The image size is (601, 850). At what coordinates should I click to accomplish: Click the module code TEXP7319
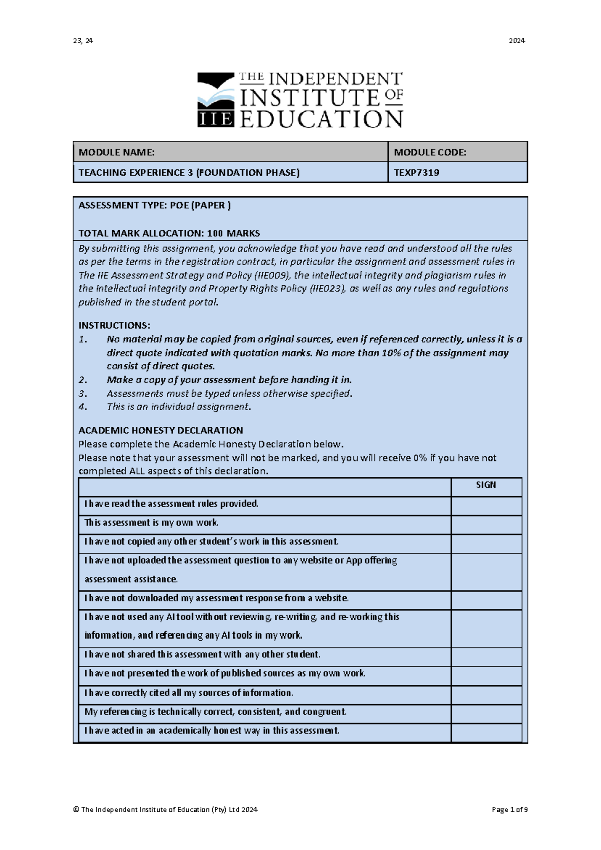[416, 173]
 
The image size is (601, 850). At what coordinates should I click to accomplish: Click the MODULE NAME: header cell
[230, 152]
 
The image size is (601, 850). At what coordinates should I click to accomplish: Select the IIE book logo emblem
[216, 99]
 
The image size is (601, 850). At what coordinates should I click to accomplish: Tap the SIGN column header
[486, 485]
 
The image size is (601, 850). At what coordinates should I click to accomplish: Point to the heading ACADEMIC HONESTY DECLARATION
[161, 430]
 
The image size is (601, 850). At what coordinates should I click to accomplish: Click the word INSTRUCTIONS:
[114, 325]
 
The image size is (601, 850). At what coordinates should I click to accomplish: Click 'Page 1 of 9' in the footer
[509, 809]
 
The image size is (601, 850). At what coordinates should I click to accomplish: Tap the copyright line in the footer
[165, 809]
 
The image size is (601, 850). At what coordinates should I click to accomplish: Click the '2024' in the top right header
[517, 41]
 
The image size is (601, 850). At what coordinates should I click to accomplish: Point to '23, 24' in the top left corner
[83, 41]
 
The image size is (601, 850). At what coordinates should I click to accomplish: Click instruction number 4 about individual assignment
[178, 407]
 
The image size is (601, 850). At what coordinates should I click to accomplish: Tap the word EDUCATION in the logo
[321, 120]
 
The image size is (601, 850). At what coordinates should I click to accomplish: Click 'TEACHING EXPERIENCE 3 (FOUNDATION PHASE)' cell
[189, 173]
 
